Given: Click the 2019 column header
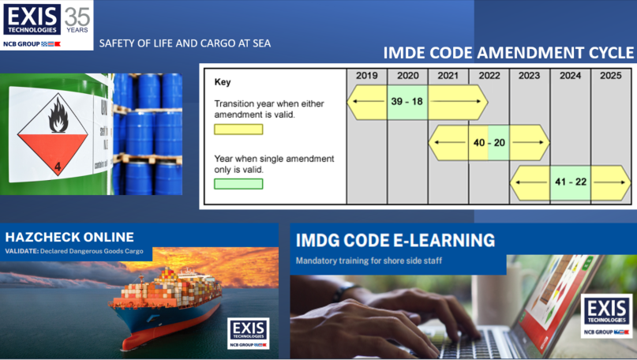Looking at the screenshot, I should (x=366, y=76).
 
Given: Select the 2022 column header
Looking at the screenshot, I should (x=489, y=76).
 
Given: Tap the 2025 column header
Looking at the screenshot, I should (x=611, y=76).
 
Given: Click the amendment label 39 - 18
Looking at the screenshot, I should (x=407, y=102).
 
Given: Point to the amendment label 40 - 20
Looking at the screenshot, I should (x=488, y=142).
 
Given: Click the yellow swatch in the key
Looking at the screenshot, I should (x=238, y=129).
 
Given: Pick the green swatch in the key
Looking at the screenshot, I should (x=238, y=184).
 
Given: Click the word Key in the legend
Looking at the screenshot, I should (x=223, y=81).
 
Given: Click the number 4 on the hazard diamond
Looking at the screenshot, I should (x=57, y=167).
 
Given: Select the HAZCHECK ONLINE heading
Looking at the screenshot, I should (x=69, y=237).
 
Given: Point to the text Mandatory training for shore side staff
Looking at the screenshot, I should (x=369, y=261).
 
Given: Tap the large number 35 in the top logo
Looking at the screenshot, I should (x=77, y=15).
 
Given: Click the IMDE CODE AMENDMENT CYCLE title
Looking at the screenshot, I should (x=508, y=53).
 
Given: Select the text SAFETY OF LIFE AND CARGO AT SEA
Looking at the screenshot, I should (x=184, y=43).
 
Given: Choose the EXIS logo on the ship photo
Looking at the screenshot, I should (x=248, y=332).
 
